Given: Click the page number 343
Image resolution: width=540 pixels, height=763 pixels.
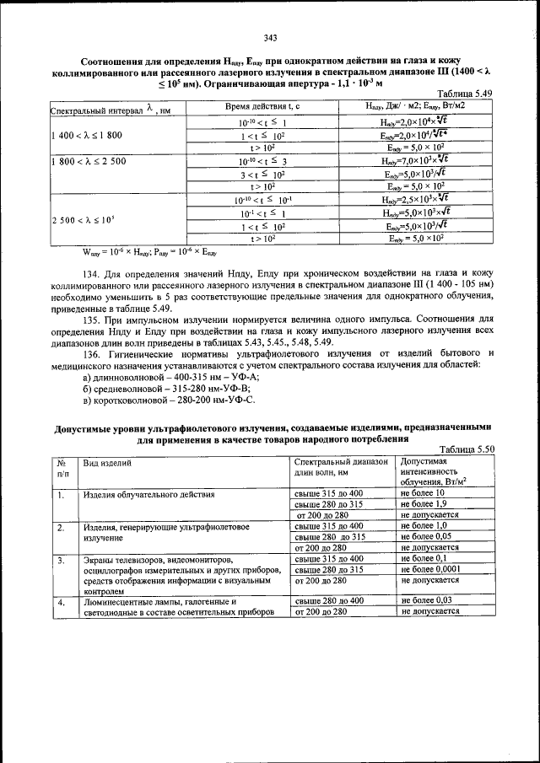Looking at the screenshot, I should [270, 37].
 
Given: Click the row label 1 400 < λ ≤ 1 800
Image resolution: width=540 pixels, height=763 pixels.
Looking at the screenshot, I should [87, 134].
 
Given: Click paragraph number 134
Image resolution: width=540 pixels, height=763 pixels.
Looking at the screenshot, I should [93, 274].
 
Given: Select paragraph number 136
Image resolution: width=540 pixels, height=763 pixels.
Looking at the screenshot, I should [93, 353].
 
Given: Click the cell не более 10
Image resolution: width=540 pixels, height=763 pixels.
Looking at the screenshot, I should [423, 492].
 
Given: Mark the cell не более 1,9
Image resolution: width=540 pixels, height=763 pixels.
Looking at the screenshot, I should [424, 503].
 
